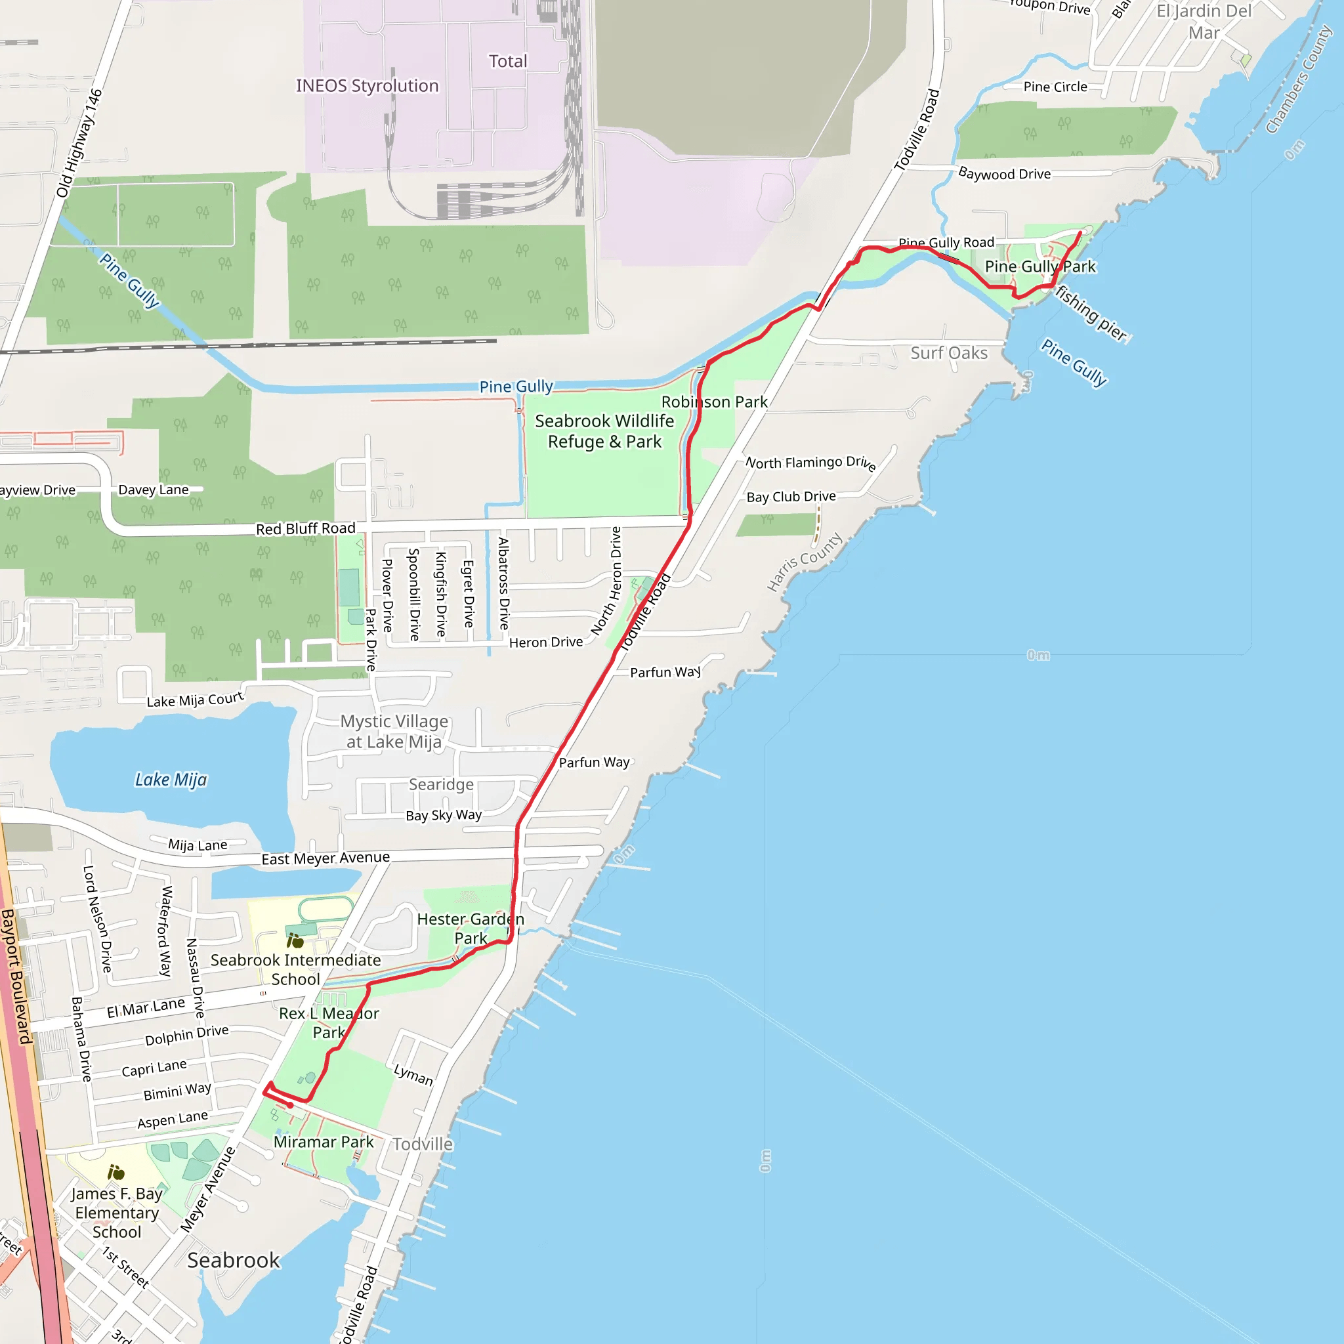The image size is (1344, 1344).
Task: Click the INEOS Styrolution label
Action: tap(367, 85)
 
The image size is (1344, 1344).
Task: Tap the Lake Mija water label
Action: tap(171, 780)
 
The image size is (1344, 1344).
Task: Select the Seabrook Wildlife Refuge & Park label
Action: tap(604, 431)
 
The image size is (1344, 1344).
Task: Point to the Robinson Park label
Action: tap(715, 402)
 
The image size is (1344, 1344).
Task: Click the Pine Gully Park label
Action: tap(1040, 266)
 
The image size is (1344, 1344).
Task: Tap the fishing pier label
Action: tap(1090, 314)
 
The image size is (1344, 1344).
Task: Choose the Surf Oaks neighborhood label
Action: tap(949, 354)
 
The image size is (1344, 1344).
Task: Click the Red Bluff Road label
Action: tap(305, 529)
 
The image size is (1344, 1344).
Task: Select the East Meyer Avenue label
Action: tap(325, 858)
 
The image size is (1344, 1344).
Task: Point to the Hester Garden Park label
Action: tap(471, 929)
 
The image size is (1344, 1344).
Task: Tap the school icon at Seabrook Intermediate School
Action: tap(295, 941)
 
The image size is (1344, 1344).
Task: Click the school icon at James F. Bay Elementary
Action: tap(115, 1173)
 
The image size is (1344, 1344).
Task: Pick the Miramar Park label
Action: tap(324, 1143)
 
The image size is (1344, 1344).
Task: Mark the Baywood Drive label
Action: tap(1005, 174)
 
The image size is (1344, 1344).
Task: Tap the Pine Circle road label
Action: tap(1055, 87)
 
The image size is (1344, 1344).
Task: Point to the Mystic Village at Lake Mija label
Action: tap(394, 732)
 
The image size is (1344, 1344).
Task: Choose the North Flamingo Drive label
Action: tap(810, 463)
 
